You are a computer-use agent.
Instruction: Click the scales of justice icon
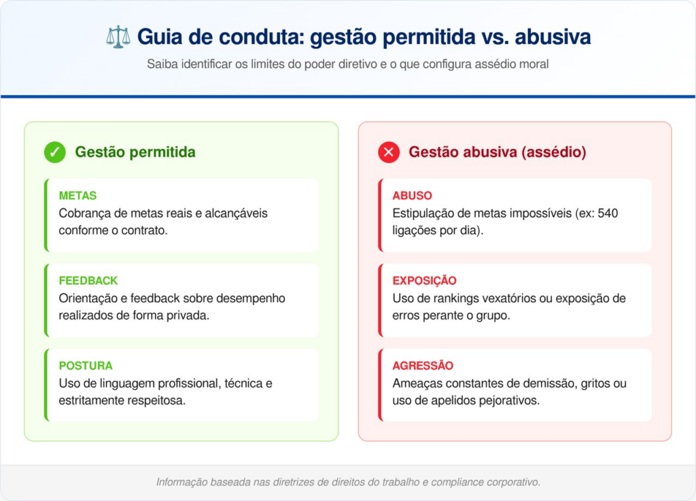tap(118, 37)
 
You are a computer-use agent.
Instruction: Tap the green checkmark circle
tap(55, 152)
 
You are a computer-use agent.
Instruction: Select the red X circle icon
tap(389, 152)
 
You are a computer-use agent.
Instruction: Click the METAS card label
tap(77, 196)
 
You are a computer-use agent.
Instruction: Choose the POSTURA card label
tap(86, 366)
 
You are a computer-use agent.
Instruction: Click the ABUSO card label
tap(412, 196)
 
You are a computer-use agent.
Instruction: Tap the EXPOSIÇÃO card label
tap(424, 281)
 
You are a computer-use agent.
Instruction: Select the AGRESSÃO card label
tap(423, 366)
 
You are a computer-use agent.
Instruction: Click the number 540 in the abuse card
tap(608, 213)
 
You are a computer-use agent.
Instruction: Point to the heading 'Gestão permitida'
tap(135, 152)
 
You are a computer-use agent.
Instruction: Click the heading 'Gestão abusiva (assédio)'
tap(497, 152)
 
